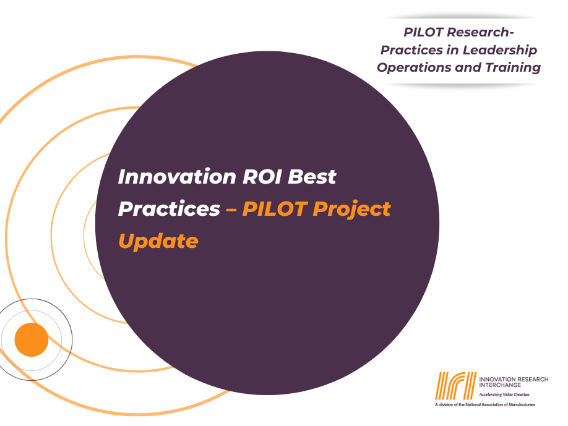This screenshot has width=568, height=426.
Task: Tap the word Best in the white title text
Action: pos(313,177)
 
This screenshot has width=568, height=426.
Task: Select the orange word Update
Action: pos(158,241)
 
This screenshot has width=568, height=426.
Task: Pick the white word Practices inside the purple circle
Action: pos(168,209)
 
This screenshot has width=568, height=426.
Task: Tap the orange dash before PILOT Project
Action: pos(231,209)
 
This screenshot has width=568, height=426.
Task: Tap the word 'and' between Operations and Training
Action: pos(467,67)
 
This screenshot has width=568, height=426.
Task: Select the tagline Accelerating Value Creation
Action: pos(504,394)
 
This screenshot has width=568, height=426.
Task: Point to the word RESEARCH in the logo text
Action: pos(533,378)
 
